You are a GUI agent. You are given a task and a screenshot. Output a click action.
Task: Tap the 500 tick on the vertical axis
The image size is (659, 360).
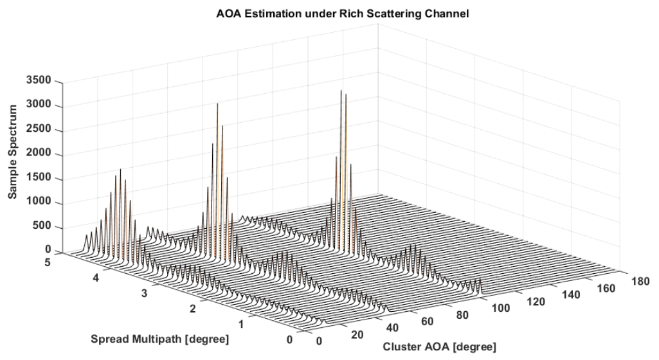(44, 227)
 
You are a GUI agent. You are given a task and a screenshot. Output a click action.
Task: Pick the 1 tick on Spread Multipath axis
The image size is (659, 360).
(239, 323)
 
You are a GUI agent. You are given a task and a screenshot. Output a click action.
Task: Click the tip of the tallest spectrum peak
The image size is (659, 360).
(341, 91)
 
